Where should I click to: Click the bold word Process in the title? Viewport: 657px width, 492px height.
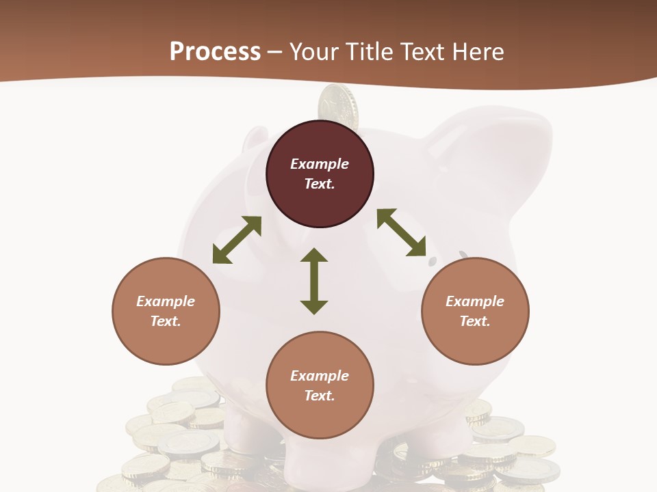tap(215, 52)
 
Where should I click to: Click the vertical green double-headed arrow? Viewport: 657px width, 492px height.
tap(314, 281)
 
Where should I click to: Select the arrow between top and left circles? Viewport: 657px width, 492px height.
tap(237, 240)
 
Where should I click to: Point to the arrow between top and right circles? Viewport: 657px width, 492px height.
tap(401, 232)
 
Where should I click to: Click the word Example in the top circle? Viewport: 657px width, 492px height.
tap(320, 164)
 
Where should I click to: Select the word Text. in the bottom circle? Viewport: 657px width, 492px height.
tap(320, 396)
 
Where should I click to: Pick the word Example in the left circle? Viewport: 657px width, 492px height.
tap(166, 301)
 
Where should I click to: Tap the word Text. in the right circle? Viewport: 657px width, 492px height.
tap(475, 321)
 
